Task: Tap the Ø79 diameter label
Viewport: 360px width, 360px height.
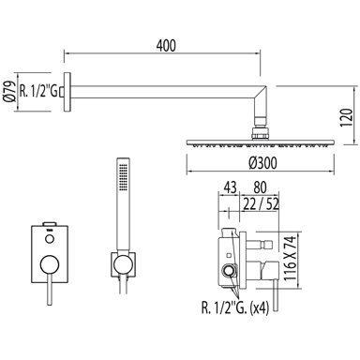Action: point(7,90)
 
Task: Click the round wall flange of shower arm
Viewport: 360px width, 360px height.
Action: point(67,90)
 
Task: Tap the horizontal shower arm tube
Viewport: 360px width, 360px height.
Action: point(169,90)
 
